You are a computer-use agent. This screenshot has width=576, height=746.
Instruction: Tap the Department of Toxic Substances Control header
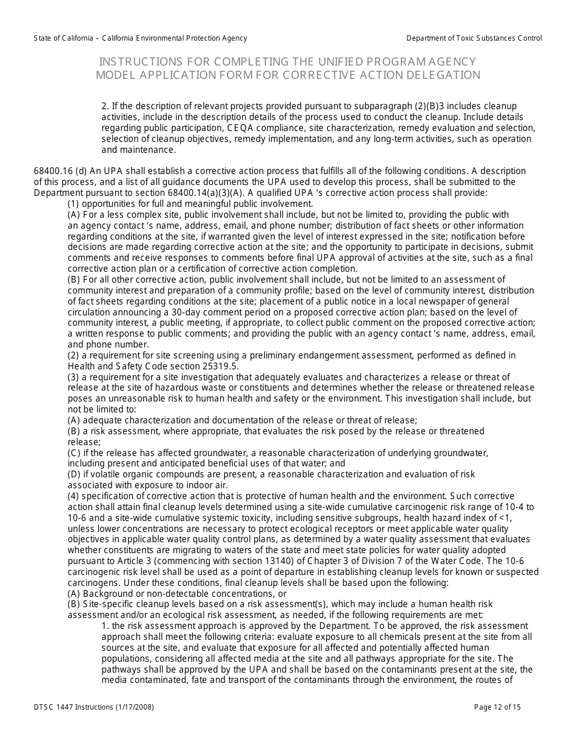[474, 38]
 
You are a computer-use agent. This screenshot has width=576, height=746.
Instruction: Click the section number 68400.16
[55, 171]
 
